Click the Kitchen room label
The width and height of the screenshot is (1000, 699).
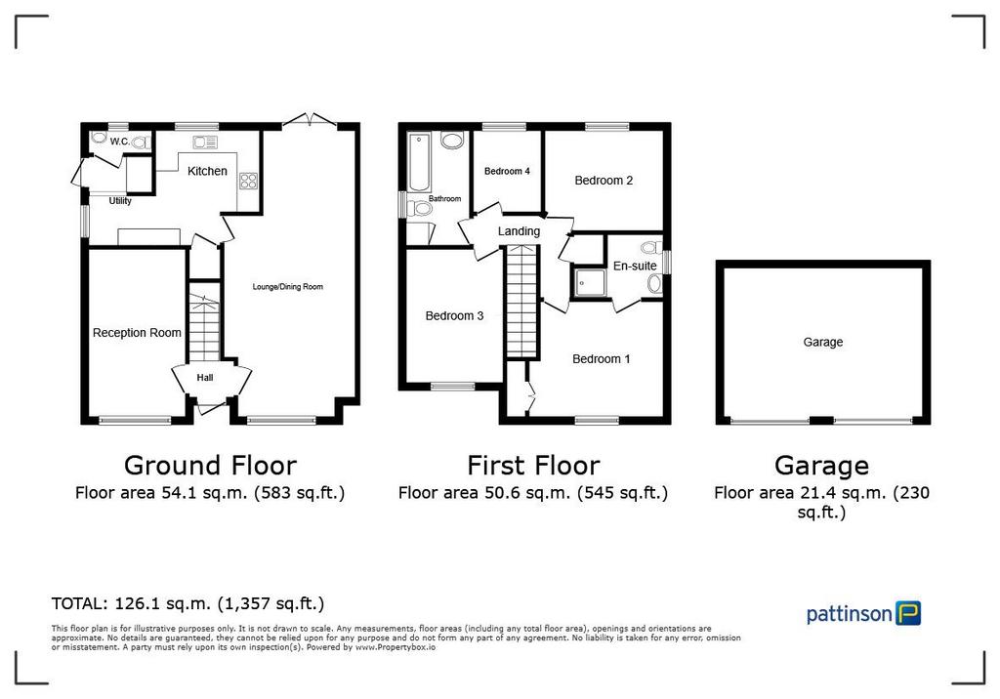[207, 171]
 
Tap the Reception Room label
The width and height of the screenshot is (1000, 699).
[137, 332]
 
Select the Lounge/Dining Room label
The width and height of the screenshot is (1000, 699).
[288, 286]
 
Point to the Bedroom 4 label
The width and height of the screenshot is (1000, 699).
[507, 171]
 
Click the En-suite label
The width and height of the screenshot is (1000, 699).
[635, 266]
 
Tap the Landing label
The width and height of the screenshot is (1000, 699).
[519, 230]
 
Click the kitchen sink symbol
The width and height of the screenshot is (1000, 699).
[205, 143]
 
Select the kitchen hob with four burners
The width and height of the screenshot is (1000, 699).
[248, 181]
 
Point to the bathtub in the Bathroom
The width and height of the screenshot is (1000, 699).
[419, 163]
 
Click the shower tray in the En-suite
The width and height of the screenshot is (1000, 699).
[588, 282]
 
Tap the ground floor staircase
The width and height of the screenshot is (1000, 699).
[204, 328]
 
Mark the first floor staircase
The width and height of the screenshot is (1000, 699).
[521, 302]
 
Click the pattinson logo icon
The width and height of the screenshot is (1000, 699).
[908, 613]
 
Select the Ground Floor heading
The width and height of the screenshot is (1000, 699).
[211, 466]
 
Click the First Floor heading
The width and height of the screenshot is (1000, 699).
[533, 466]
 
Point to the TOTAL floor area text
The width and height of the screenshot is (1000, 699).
[187, 603]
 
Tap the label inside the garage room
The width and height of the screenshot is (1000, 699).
[822, 342]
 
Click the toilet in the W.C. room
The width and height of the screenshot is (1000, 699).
[143, 143]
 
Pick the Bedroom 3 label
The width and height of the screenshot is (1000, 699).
[454, 315]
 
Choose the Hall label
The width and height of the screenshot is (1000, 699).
[205, 378]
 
